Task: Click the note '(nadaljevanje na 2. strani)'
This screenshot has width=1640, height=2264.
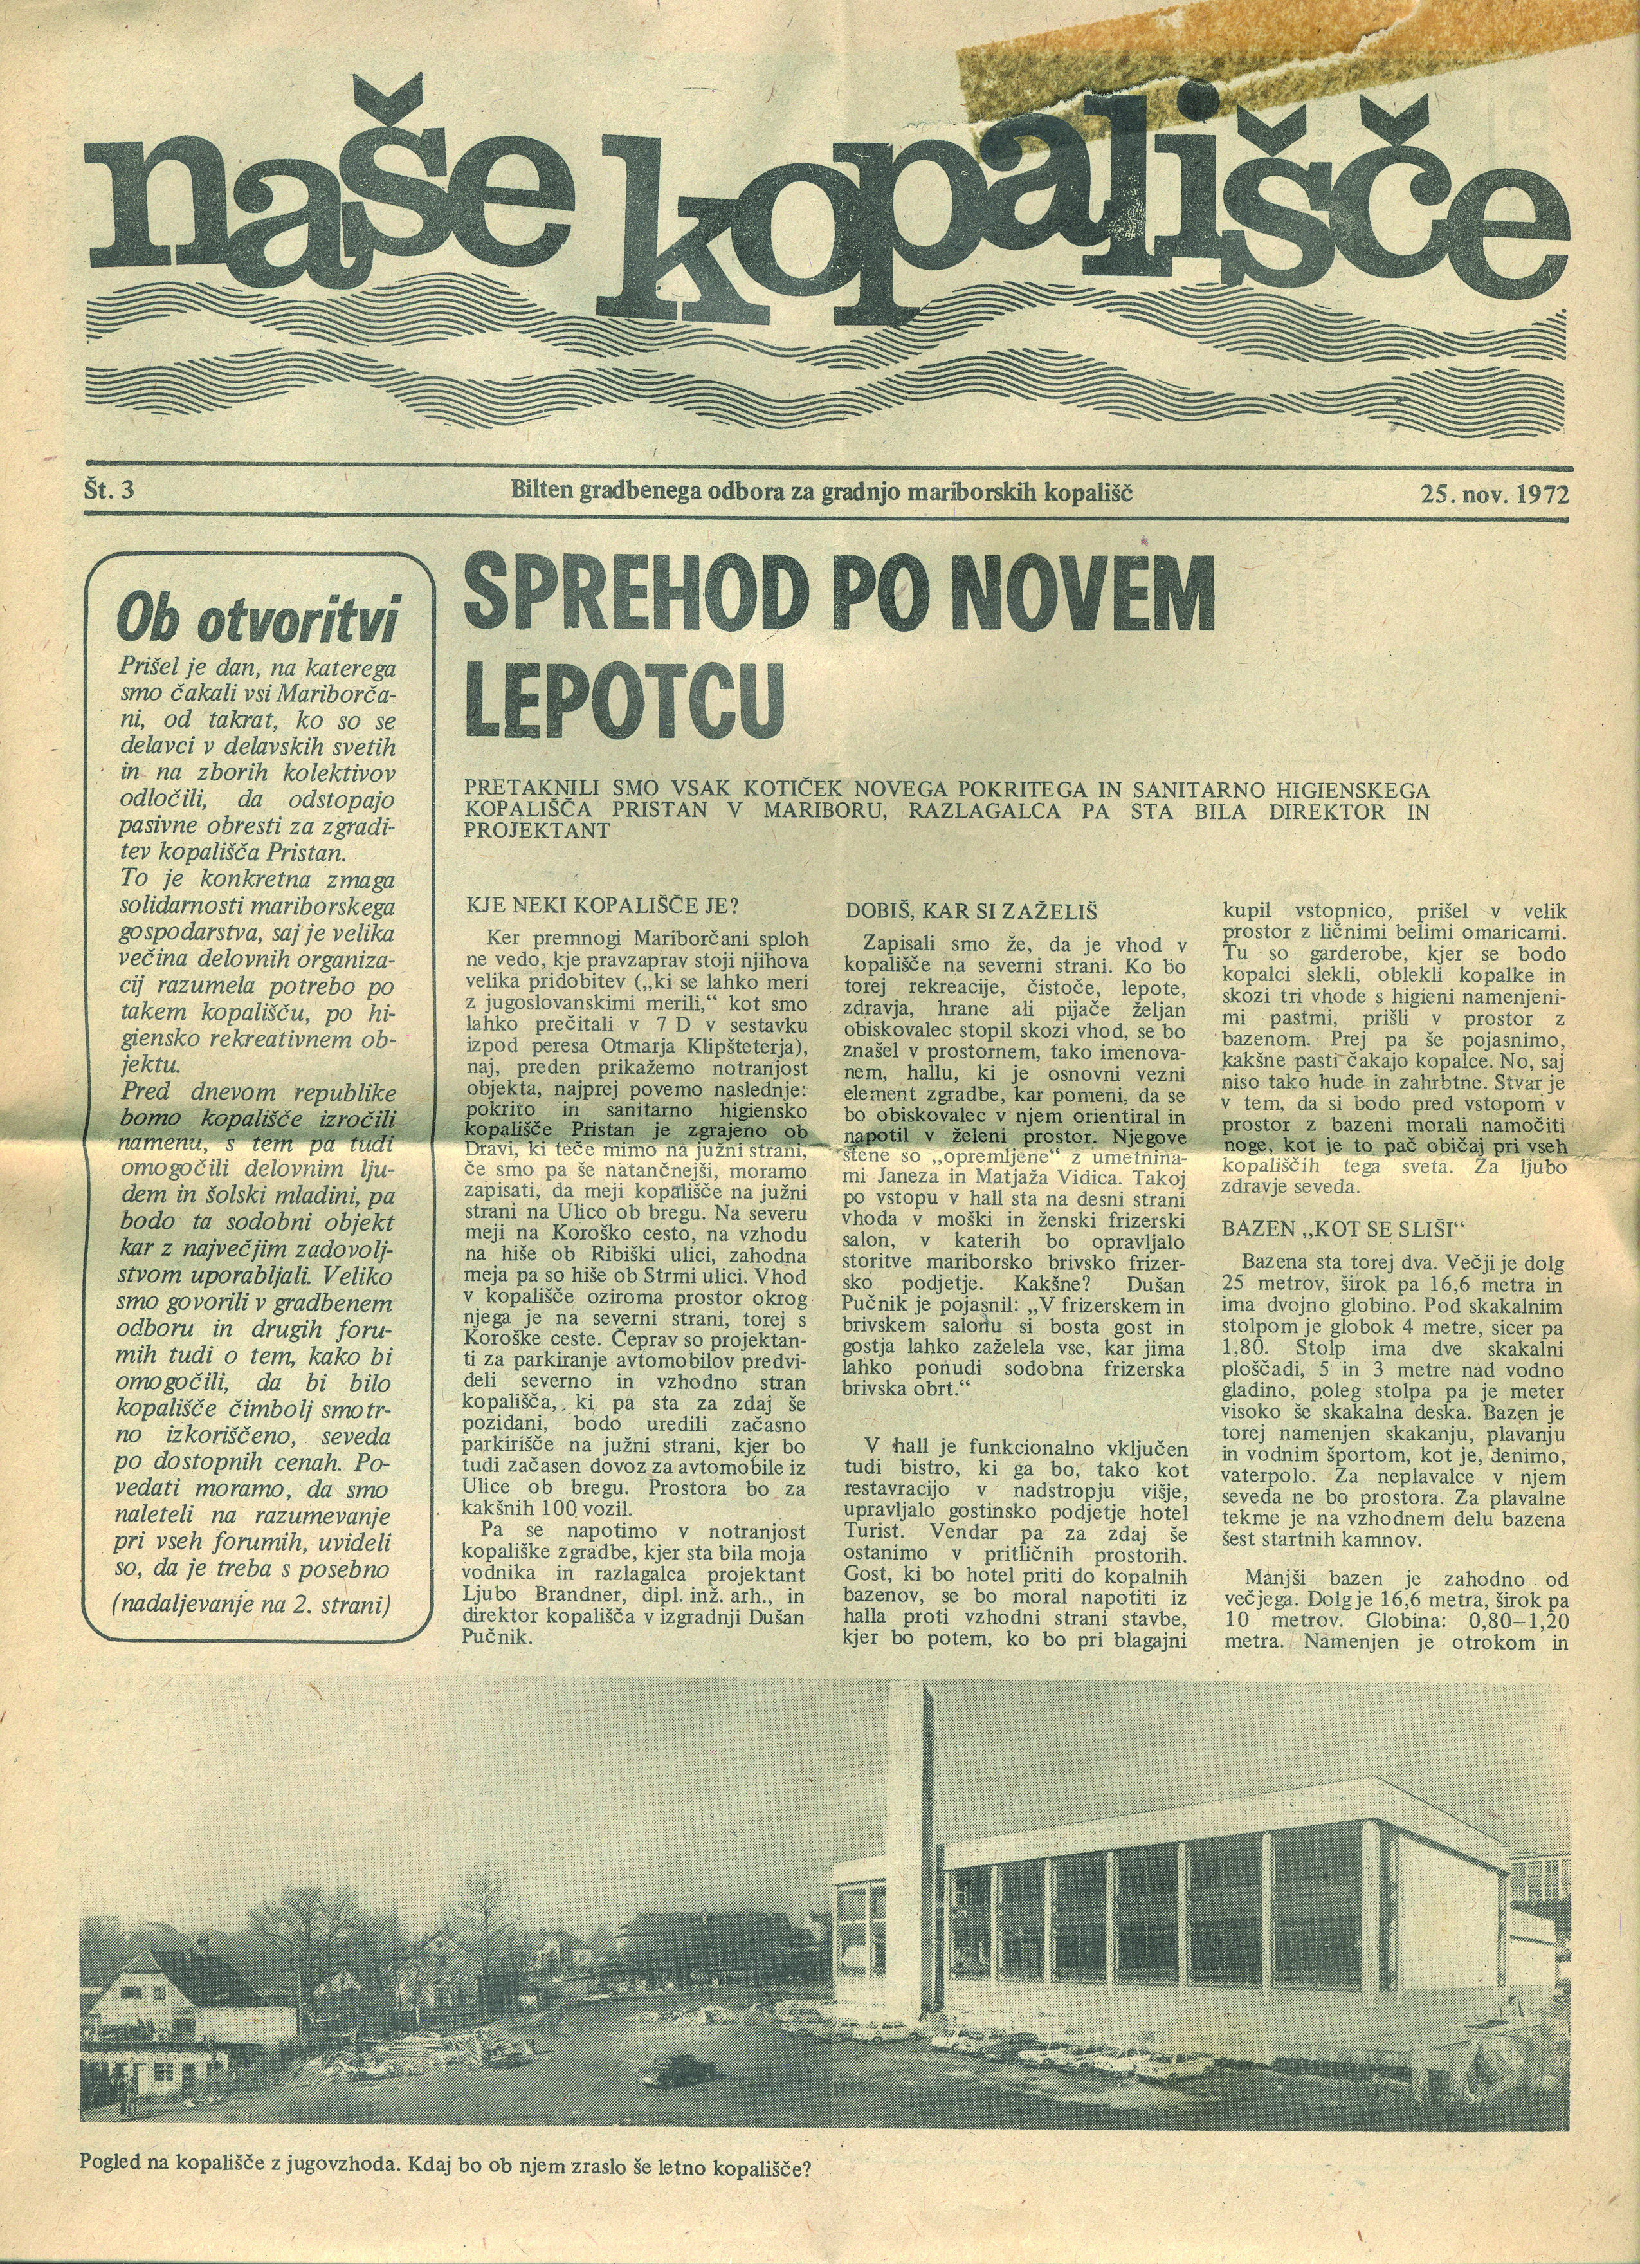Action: [251, 1633]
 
